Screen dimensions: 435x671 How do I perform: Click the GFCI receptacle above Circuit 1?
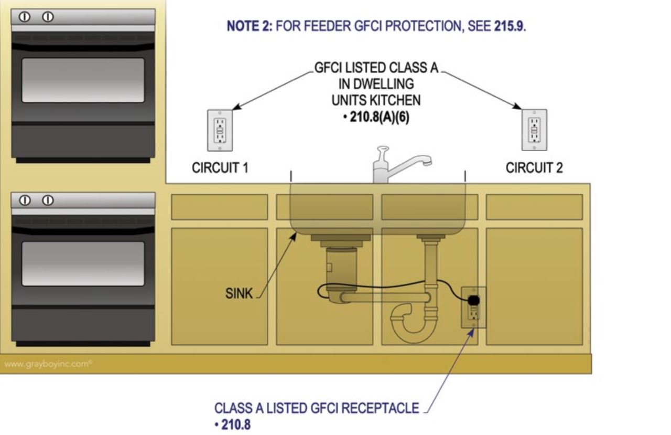[220, 130]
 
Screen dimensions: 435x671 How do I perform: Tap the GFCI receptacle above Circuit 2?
[534, 130]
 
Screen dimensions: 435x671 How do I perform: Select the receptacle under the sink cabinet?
[473, 307]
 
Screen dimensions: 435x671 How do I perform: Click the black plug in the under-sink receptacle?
[473, 300]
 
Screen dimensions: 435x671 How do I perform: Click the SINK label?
[239, 294]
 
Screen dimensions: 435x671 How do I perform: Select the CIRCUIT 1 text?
[220, 168]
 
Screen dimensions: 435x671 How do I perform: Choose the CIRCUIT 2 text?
[534, 168]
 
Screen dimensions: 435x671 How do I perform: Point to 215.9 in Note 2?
[508, 27]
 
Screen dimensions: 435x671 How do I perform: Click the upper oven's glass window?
[83, 80]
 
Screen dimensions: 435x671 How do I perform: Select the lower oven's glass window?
[83, 263]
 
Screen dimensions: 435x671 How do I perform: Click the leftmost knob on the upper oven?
[24, 17]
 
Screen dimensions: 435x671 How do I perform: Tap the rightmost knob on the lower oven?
[48, 200]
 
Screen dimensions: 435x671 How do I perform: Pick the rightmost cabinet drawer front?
[534, 207]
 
